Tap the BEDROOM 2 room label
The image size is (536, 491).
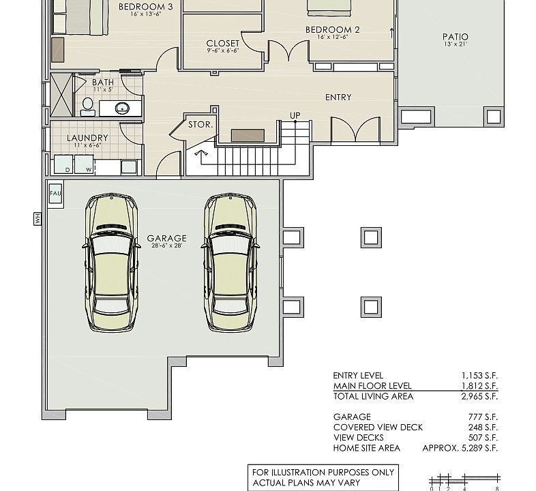click(x=332, y=30)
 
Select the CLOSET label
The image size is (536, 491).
click(x=223, y=44)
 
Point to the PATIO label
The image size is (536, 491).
click(x=455, y=38)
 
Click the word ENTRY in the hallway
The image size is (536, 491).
click(x=338, y=98)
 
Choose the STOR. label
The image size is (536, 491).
click(x=201, y=125)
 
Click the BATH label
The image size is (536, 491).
click(x=103, y=83)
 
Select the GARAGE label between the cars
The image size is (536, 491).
click(x=166, y=239)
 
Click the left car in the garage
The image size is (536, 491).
click(x=111, y=263)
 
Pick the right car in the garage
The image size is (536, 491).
click(x=230, y=263)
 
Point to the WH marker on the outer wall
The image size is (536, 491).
click(x=36, y=218)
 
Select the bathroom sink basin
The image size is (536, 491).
click(x=123, y=107)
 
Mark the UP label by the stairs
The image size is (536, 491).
click(x=295, y=115)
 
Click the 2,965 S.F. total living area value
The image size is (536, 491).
click(x=479, y=396)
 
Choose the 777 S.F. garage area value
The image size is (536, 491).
click(x=484, y=417)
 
